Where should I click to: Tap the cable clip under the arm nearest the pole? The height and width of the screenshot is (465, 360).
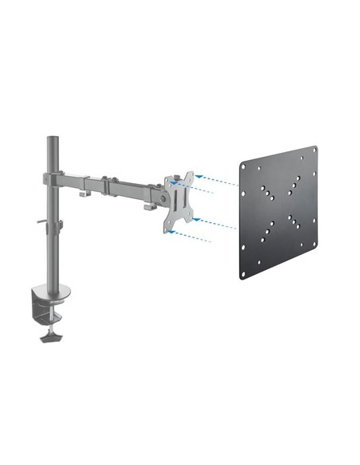(x=84, y=194)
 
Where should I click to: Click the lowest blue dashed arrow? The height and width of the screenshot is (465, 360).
(x=194, y=236)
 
